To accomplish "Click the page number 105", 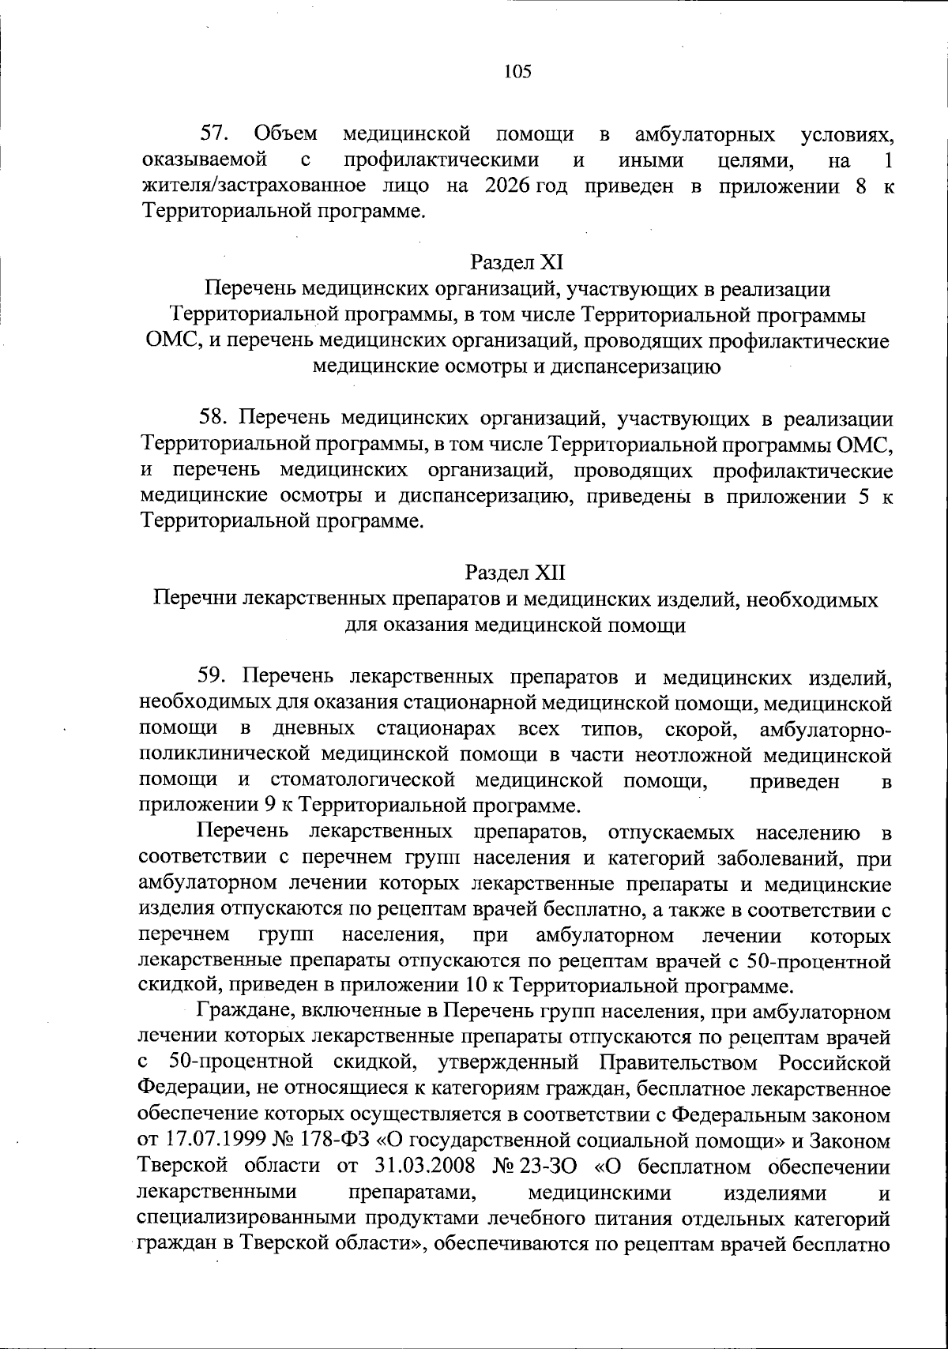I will pyautogui.click(x=517, y=72).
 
